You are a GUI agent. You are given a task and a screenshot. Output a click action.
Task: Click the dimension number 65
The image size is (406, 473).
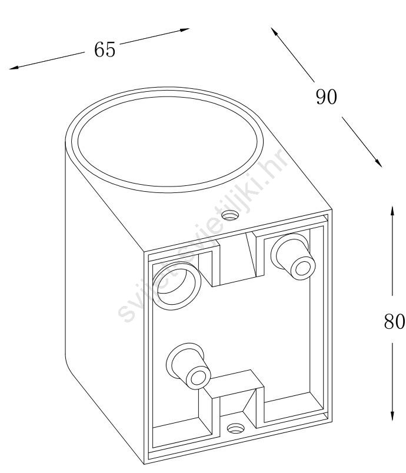coord(105,49)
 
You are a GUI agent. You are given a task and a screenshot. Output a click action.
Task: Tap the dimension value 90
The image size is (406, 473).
coord(326,97)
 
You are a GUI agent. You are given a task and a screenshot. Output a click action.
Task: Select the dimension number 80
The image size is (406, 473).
coord(394,321)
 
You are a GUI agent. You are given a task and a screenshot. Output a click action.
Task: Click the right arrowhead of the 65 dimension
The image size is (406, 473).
coord(185,29)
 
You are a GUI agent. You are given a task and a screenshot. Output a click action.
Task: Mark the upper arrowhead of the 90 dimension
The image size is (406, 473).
coord(274,31)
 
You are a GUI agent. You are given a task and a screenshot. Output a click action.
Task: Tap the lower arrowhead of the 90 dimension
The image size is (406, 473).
coord(379,163)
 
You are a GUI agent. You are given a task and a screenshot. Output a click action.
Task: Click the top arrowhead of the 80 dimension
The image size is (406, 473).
coord(392,211)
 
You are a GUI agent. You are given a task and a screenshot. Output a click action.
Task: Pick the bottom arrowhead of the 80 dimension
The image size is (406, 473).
coord(392,416)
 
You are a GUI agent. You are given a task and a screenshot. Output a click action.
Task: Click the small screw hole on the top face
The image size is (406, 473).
coord(230,215)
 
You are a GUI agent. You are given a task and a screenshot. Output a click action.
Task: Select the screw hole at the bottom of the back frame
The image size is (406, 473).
coord(236,428)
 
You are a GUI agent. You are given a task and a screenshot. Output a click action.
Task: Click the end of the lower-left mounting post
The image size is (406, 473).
coord(198,377)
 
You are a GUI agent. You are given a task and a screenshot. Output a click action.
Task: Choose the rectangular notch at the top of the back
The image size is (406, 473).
coord(238,259)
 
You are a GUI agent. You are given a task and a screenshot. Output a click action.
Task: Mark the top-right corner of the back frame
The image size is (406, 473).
coord(332,209)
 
